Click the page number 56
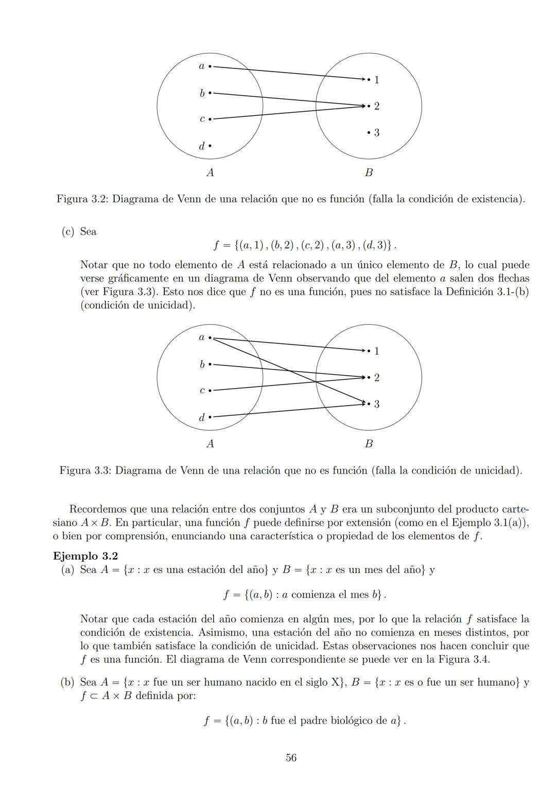click(291, 757)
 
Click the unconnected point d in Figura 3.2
click(210, 146)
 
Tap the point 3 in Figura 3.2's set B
click(369, 133)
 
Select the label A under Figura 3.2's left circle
click(210, 172)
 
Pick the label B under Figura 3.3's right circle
click(369, 444)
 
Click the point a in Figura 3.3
click(210, 338)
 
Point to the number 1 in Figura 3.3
click(376, 351)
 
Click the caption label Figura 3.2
click(82, 199)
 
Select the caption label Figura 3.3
click(85, 470)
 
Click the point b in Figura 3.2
click(210, 93)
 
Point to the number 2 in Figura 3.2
click(376, 106)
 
